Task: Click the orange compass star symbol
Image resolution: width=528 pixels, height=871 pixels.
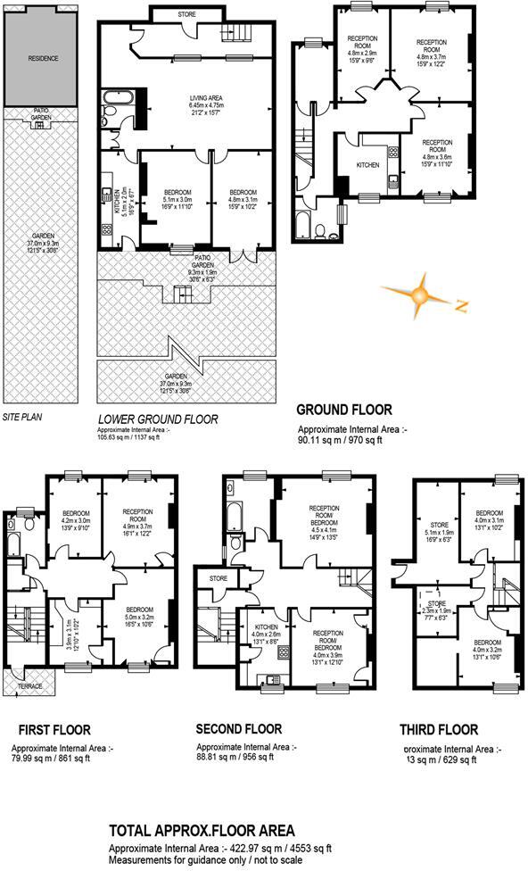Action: tap(415, 297)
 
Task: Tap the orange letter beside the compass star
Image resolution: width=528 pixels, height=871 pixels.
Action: tap(461, 307)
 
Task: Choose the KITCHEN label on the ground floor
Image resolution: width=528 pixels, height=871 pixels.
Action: tap(367, 165)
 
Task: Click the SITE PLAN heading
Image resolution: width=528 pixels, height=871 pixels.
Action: tap(22, 417)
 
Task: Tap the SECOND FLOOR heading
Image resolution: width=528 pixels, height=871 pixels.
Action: tap(239, 729)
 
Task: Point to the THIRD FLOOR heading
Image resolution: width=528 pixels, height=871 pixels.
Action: tap(438, 729)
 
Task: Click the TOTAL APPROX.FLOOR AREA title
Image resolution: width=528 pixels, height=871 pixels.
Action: tap(201, 831)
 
